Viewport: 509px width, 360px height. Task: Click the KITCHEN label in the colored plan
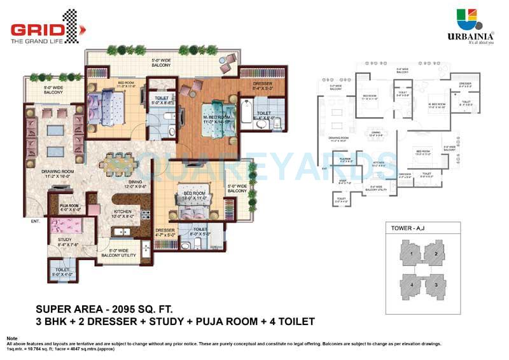(x=122, y=213)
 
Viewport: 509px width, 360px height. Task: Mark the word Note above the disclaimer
(x=12, y=338)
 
